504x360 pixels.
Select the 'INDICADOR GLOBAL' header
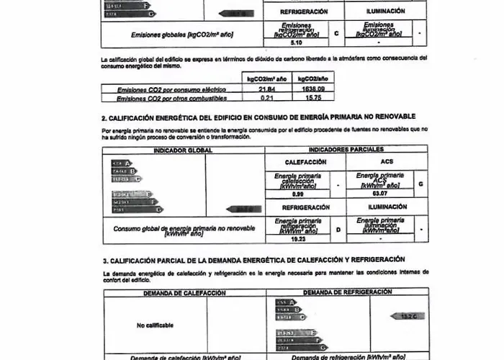coord(183,150)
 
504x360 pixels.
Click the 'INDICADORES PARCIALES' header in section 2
coord(346,149)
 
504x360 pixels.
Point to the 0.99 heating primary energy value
coord(297,194)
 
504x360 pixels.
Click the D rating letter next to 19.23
coord(338,230)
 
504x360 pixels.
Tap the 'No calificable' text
coord(155,325)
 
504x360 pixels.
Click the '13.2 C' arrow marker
coord(408,315)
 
